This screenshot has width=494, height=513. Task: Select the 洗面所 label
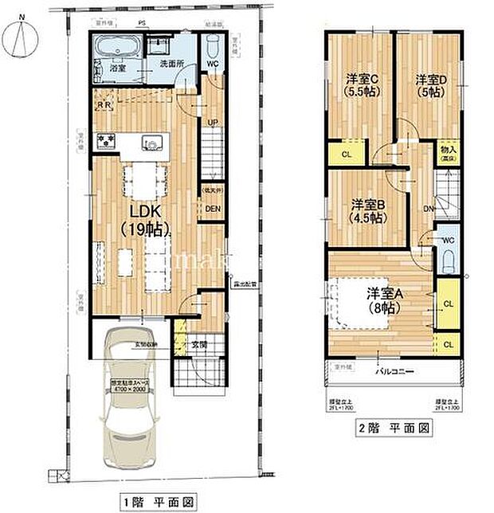170,62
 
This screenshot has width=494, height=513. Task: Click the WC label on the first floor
212,62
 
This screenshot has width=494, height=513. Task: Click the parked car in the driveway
127,402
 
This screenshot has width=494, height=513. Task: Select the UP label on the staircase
213,122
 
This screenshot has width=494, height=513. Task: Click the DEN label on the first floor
213,209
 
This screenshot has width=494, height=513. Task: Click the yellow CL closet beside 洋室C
346,154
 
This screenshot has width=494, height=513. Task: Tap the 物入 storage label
447,151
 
